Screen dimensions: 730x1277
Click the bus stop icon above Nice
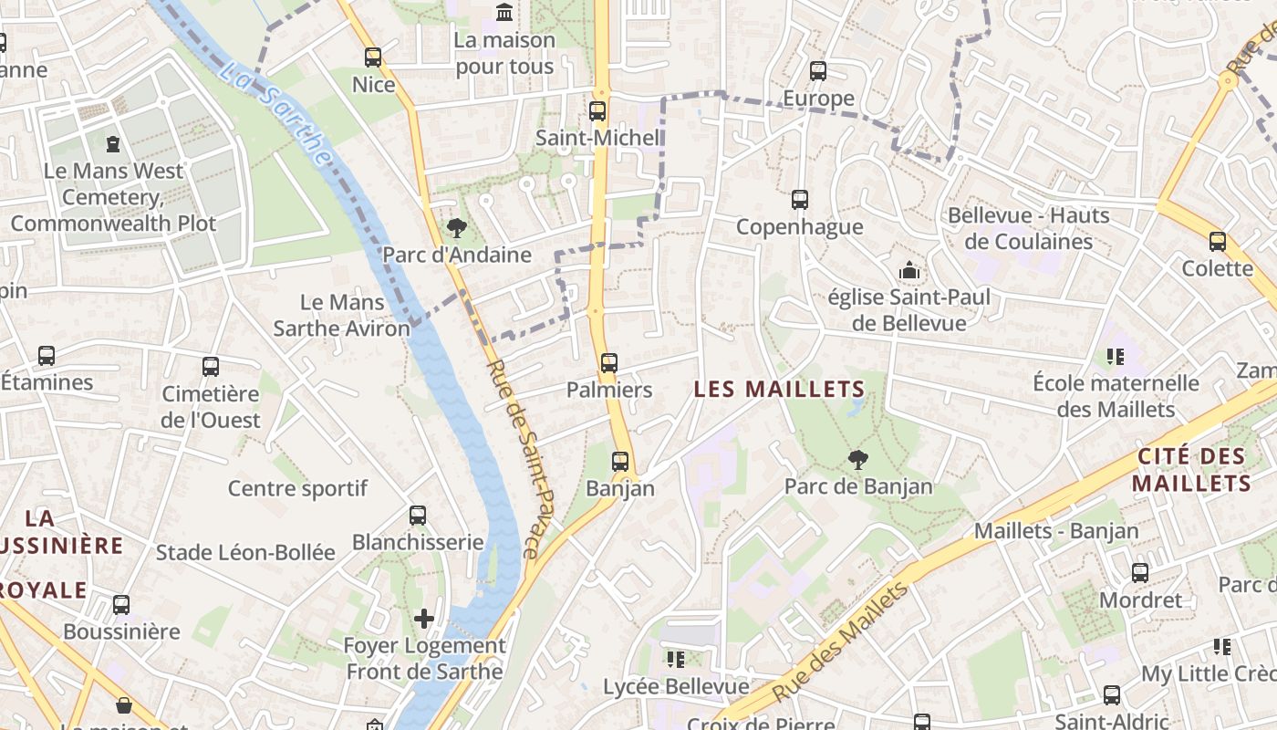tap(372, 57)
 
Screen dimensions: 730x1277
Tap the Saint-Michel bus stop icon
tap(597, 111)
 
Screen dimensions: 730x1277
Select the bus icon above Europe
tap(818, 70)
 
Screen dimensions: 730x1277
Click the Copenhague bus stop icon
tap(800, 199)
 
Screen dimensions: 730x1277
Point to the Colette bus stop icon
tap(1218, 242)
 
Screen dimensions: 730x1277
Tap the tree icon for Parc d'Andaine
tap(456, 228)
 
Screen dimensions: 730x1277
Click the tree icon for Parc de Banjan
tap(857, 460)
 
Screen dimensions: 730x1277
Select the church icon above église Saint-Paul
tap(908, 270)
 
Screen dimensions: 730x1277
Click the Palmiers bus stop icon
tap(609, 363)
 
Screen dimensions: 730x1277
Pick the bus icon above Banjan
tap(620, 462)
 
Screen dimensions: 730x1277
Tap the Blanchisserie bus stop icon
tap(418, 516)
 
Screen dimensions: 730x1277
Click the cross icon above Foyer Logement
tap(424, 619)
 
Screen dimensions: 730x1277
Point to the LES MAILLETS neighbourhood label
tap(779, 390)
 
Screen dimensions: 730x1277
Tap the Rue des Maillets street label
tap(841, 641)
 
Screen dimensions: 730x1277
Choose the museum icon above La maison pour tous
tap(504, 12)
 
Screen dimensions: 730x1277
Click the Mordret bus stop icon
tap(1140, 573)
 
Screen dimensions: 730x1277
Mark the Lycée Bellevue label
tap(676, 686)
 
